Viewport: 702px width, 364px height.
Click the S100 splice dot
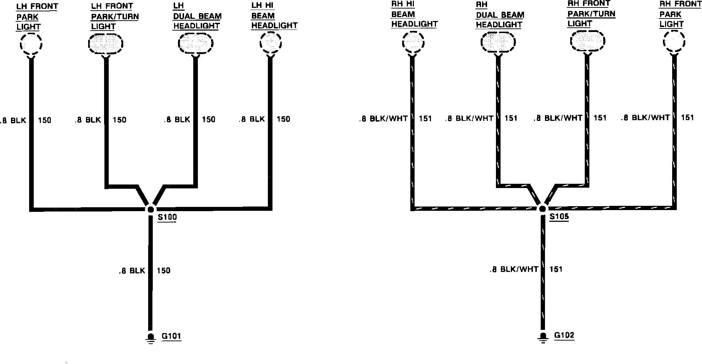[x=151, y=209]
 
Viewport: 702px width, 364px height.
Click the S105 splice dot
[x=542, y=209]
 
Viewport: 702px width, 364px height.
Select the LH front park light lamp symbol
[x=31, y=44]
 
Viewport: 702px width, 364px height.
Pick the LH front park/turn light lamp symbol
[x=106, y=44]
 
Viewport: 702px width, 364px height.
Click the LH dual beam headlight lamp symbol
[x=195, y=44]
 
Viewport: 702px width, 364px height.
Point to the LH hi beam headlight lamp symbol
[x=271, y=43]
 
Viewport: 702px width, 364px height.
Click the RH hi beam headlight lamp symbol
[x=413, y=43]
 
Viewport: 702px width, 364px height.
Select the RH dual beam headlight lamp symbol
[x=498, y=43]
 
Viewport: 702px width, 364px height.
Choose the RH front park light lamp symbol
[x=674, y=42]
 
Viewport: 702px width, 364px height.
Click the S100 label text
[x=167, y=217]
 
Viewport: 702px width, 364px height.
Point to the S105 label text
[x=559, y=216]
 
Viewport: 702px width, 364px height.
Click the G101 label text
[x=171, y=336]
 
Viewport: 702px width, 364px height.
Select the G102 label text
[x=564, y=335]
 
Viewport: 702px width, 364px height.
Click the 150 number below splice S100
[x=163, y=271]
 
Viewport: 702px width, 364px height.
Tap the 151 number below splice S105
[x=556, y=269]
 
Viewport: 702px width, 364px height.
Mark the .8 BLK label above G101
[x=132, y=271]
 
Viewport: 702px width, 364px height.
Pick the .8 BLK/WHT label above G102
[x=514, y=269]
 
